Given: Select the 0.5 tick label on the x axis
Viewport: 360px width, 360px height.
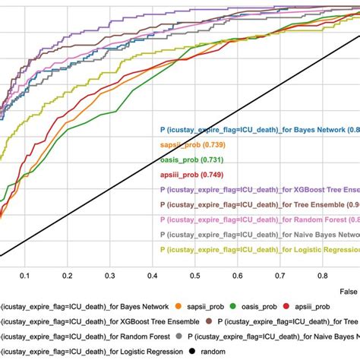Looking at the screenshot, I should [196, 277].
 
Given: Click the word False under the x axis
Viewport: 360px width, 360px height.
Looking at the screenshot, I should [348, 291].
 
